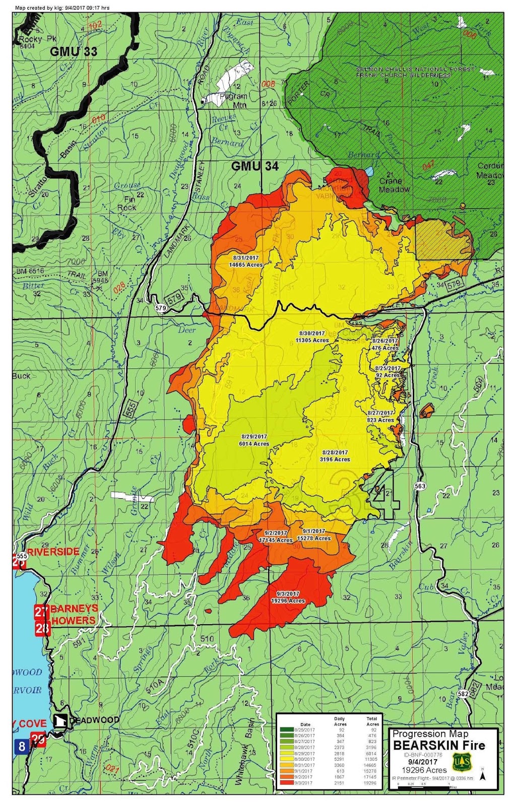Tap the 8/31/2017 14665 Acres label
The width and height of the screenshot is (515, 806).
click(245, 261)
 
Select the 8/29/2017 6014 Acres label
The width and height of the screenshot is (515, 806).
click(253, 440)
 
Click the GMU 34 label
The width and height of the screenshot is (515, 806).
click(254, 166)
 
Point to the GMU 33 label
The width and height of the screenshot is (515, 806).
click(73, 51)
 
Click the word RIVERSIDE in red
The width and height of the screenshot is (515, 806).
click(53, 552)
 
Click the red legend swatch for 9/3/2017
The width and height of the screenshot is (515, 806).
click(290, 783)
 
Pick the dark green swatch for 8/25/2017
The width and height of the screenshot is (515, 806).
click(290, 729)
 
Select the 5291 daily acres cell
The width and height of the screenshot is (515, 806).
click(339, 759)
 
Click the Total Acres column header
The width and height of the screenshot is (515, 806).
click(372, 721)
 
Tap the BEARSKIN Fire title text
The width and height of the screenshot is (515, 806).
click(439, 745)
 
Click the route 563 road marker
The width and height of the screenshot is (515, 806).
click(421, 486)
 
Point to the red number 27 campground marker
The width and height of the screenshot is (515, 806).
click(41, 612)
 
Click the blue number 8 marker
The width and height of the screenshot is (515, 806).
click(21, 746)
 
